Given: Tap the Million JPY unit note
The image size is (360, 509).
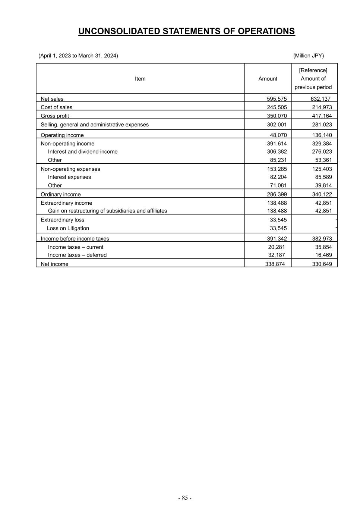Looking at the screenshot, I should coord(309,56).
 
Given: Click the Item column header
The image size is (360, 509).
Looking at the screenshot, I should coord(140,79).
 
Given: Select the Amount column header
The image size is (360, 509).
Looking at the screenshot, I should coord(268,79).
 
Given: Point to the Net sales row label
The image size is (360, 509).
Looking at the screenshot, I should coord(52,99).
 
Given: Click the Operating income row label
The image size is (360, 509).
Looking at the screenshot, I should coord(62,135).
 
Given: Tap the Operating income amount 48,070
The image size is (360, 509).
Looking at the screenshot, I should coord(278,135).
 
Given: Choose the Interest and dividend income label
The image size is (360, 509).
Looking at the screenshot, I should coord(83,152).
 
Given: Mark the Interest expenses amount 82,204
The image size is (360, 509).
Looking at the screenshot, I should coord(278,177).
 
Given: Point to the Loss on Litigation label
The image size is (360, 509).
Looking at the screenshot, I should coord(68,228).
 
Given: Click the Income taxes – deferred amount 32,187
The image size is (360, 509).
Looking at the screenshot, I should coord(277,255).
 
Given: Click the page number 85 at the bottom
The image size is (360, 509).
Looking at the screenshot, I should coord(185,498).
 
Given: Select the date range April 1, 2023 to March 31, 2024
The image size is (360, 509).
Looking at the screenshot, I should coord(78,56).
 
